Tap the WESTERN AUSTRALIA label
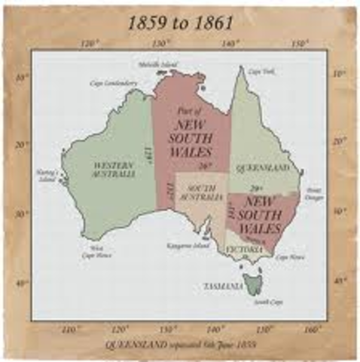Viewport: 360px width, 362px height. coord(114,169)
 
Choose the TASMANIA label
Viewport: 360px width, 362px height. coord(222,287)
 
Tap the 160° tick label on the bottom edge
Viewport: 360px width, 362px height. coord(310,330)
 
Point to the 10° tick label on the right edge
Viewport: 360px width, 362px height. coord(338,73)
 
